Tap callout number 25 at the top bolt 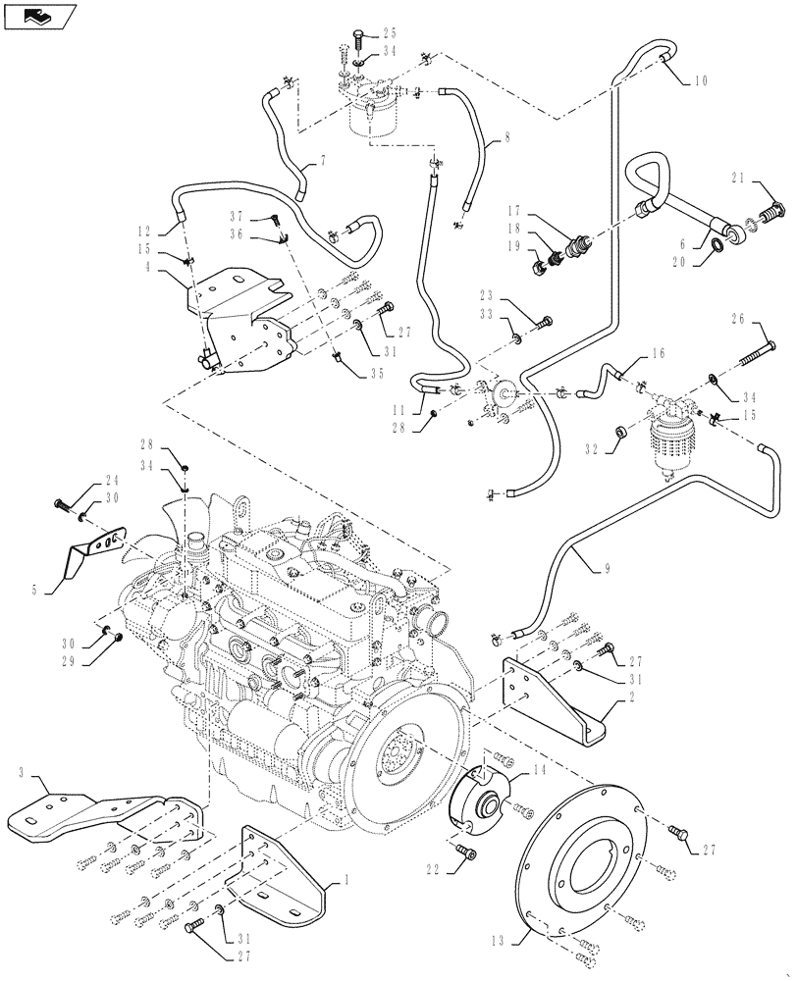[x=390, y=31]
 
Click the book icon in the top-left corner [x=38, y=15]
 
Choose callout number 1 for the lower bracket [x=345, y=880]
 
